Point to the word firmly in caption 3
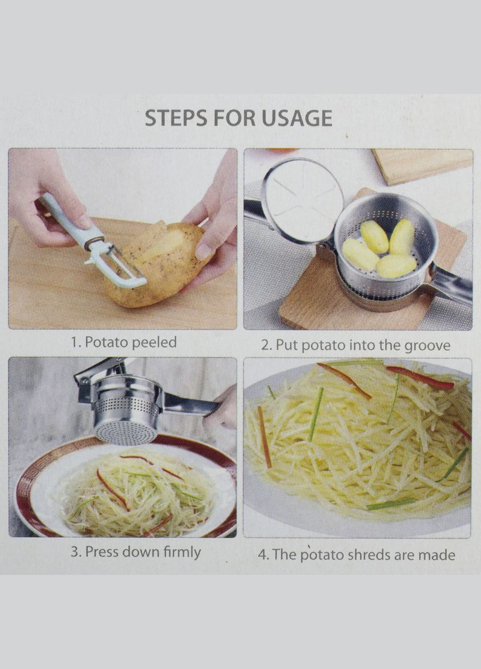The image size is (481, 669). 182,552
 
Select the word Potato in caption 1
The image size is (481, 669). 106,342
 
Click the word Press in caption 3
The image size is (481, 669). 102,552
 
